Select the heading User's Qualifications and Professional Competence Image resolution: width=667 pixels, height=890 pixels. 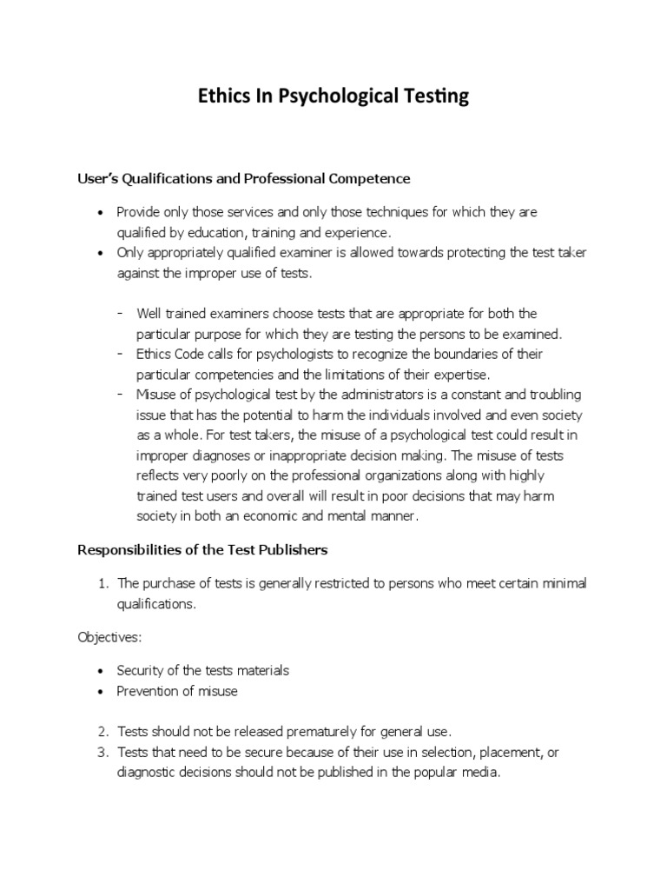[244, 178]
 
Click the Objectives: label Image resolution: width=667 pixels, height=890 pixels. [109, 637]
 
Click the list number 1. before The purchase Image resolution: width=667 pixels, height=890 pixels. [102, 582]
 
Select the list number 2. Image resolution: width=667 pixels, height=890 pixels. [102, 732]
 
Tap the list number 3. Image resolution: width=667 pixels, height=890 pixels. [102, 752]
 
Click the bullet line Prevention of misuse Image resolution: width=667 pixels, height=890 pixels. [177, 691]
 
